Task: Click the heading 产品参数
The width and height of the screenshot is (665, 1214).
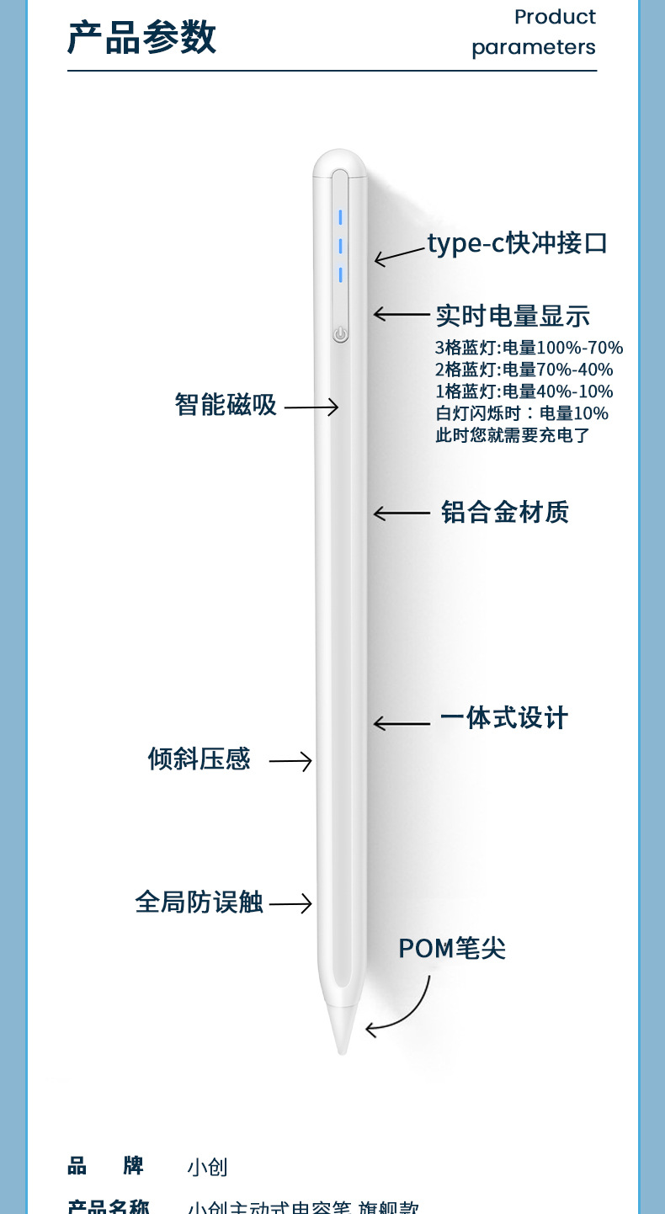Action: coord(141,38)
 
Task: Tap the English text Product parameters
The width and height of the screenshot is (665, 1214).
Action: coord(534,32)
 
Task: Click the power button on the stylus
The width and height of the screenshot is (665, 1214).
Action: coord(340,334)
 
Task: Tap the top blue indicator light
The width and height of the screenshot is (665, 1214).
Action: coord(340,218)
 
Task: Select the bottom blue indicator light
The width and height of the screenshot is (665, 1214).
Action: coord(340,274)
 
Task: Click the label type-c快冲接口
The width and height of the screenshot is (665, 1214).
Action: coord(517,243)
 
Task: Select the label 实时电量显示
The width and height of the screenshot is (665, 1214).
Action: coord(513,316)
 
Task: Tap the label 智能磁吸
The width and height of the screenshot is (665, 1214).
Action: coord(226,404)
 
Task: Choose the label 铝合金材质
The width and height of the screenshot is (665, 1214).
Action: coord(505,512)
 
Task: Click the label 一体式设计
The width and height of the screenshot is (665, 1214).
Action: coord(503,718)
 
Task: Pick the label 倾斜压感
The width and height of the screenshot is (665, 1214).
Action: coord(199,759)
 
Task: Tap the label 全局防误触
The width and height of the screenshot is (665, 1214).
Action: coord(199,903)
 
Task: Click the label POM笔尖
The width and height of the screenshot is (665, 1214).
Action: coord(452,949)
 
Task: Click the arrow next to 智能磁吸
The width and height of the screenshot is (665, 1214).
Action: coord(311,407)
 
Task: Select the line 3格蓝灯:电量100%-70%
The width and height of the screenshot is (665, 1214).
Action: coord(529,348)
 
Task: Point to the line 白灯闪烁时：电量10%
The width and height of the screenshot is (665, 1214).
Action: coord(521,413)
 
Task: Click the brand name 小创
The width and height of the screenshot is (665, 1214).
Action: coord(207,1168)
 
